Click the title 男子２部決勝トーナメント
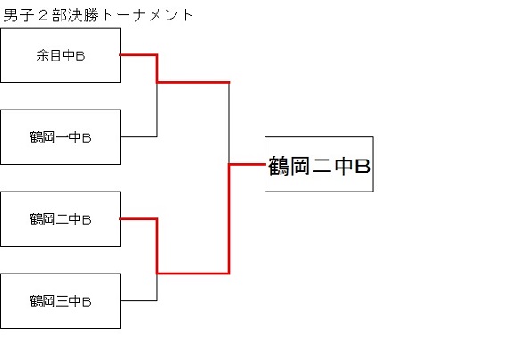[98, 15]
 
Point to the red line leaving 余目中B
[157, 69]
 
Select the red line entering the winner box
[247, 164]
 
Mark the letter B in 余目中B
[80, 56]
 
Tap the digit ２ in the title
[43, 16]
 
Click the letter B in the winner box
[363, 166]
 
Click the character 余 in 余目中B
[43, 55]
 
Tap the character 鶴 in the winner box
[279, 166]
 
